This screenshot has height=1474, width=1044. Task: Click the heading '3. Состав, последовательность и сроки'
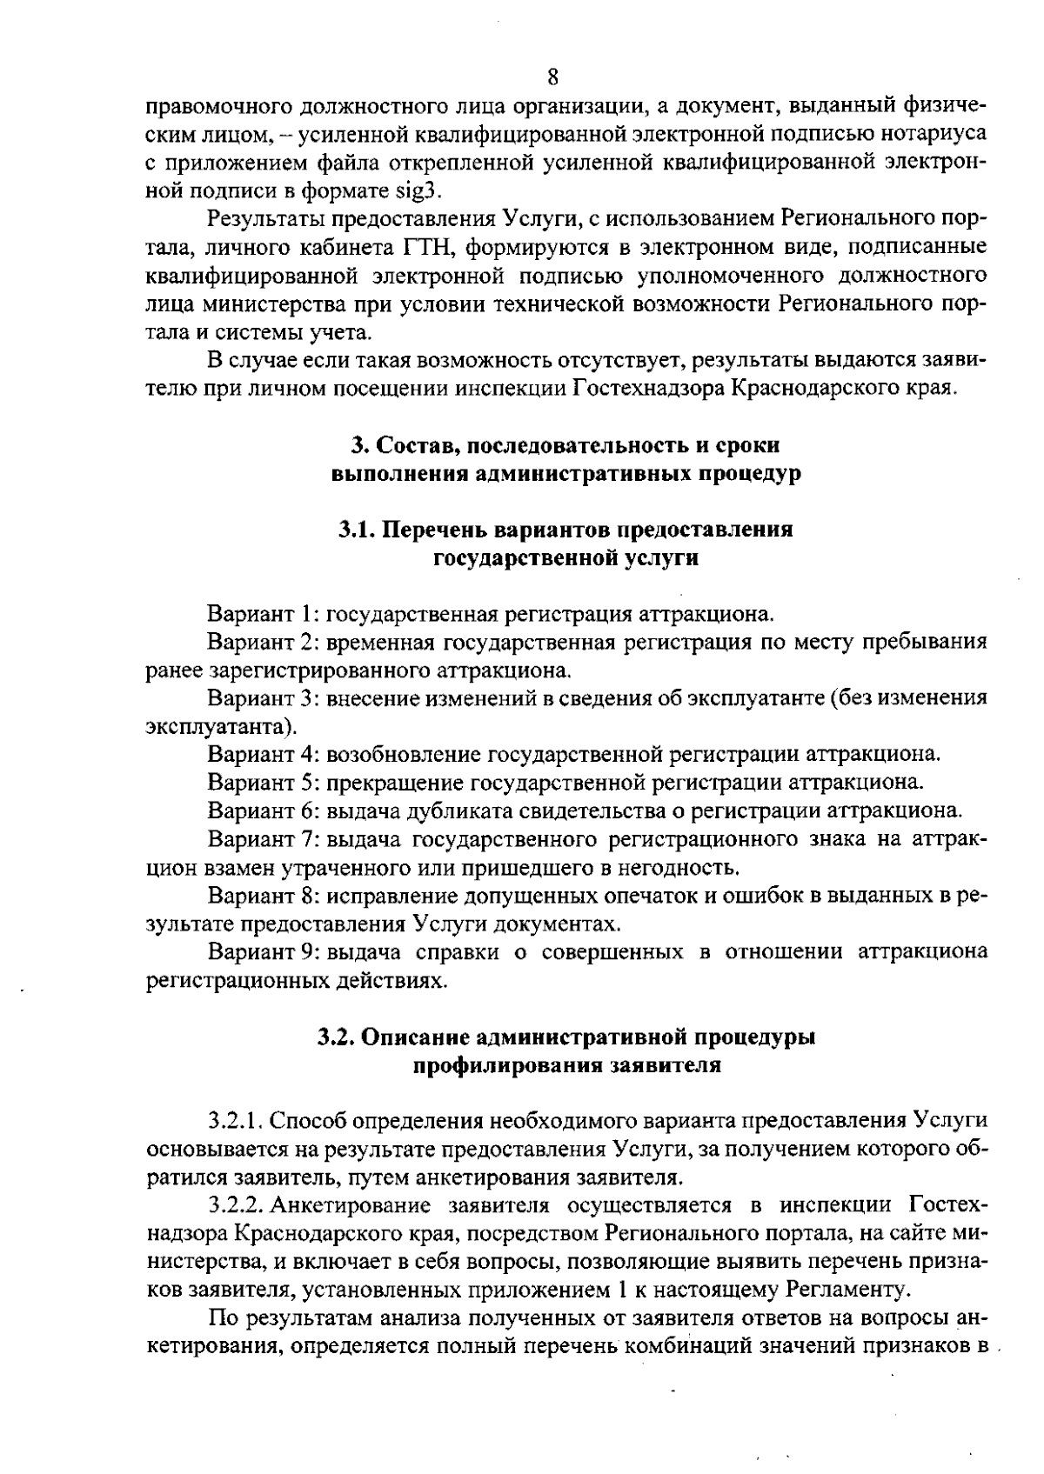pyautogui.click(x=565, y=445)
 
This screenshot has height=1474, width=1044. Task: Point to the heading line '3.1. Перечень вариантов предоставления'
pyautogui.click(x=565, y=530)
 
